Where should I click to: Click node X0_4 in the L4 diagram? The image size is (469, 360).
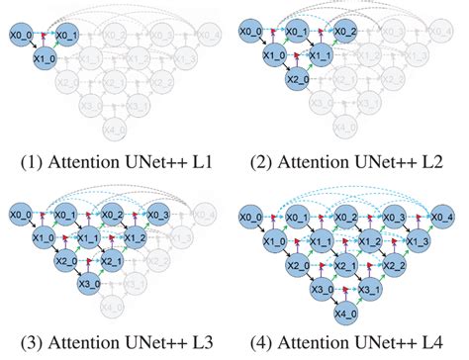[441, 216]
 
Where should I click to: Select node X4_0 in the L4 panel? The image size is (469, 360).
[344, 314]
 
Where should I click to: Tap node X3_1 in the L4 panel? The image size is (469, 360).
[369, 289]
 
